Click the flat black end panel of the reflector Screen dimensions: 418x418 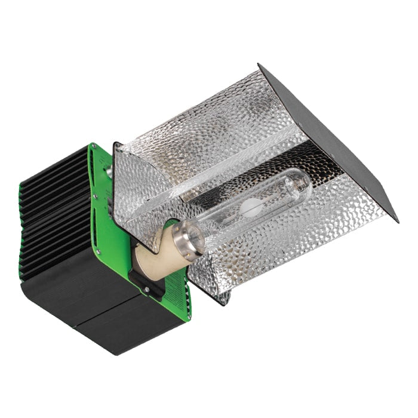(x=334, y=143)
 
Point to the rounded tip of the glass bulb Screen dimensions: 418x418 (x=307, y=179)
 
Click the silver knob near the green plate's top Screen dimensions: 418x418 (x=110, y=171)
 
